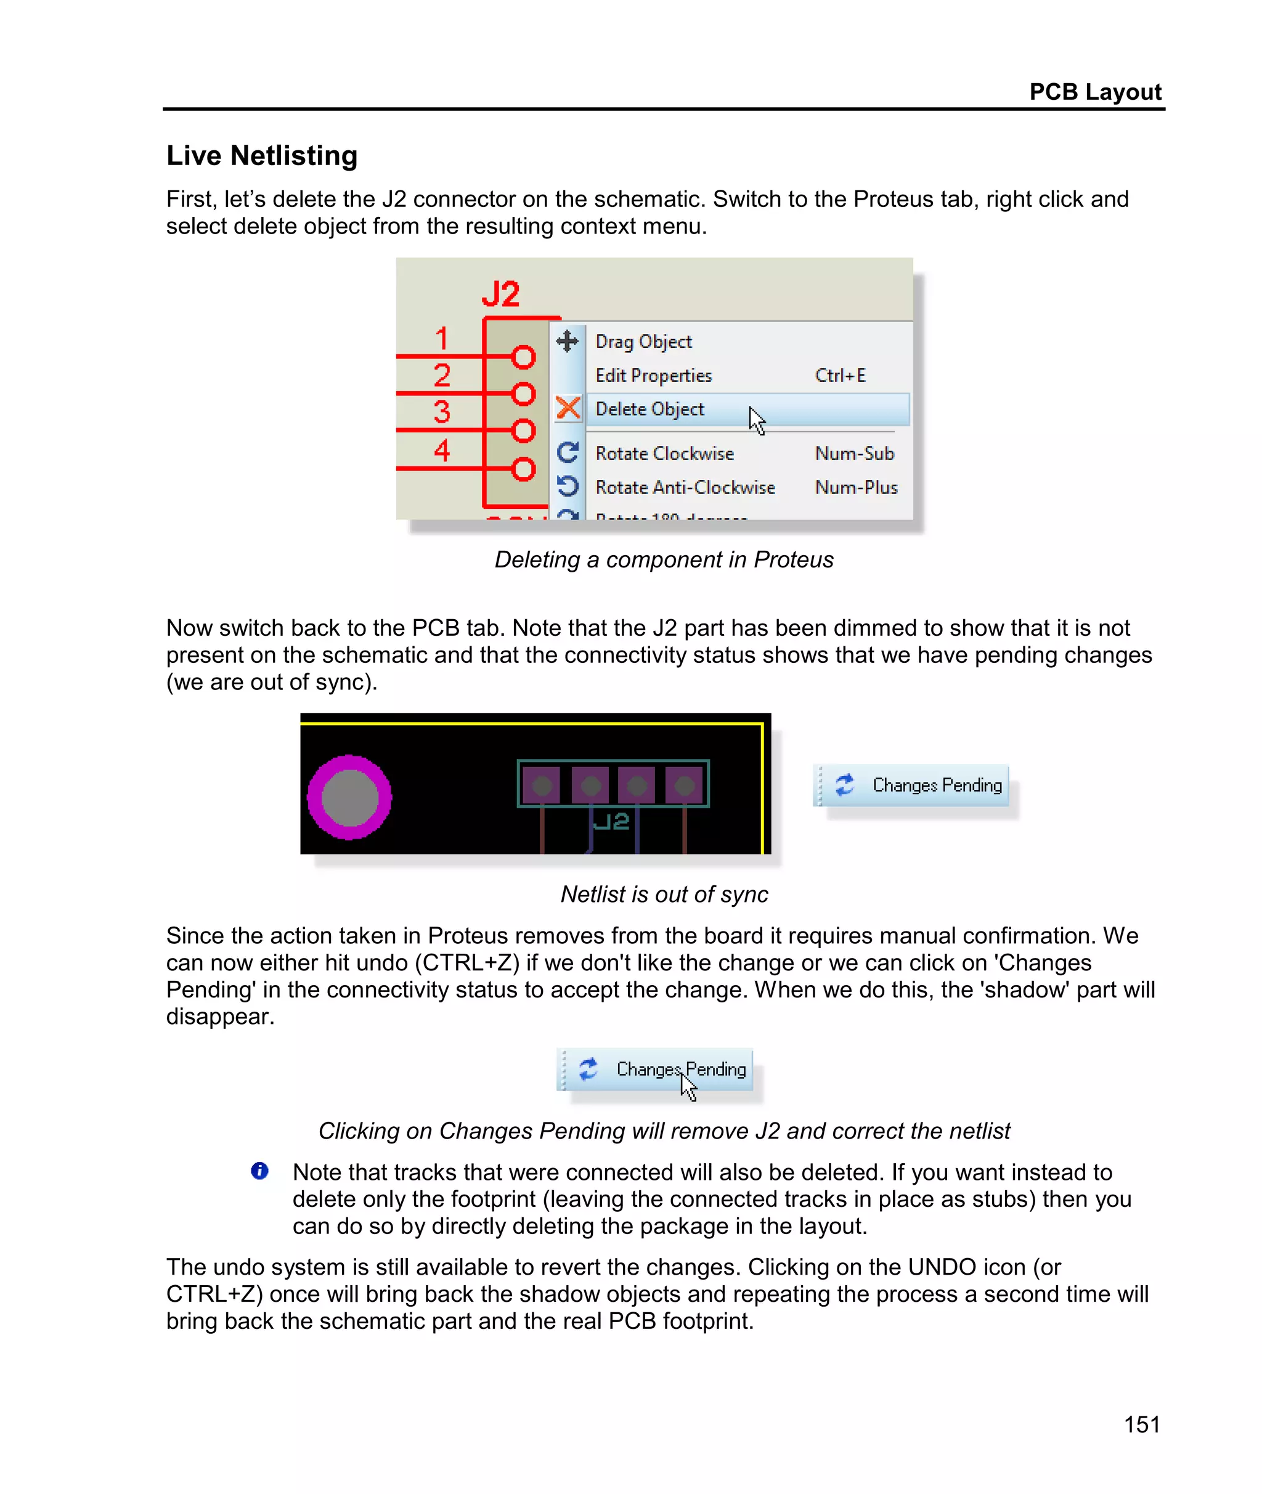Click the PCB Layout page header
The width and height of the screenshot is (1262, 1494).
1094,92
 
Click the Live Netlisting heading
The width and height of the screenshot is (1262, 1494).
262,155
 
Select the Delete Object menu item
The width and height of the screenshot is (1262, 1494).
649,409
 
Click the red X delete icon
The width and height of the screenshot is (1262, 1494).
568,408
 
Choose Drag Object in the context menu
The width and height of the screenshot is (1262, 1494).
643,342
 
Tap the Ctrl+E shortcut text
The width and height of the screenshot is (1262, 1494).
840,375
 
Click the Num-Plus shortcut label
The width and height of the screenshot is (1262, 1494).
856,487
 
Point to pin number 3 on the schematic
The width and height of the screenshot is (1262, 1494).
441,412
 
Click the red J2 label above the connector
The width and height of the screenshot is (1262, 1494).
500,294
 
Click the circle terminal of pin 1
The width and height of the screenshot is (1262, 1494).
523,356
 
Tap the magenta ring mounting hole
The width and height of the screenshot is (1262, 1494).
349,797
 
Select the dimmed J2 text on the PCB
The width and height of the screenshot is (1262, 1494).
612,821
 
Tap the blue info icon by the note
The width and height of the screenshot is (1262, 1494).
259,1171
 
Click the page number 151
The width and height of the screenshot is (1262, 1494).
1141,1424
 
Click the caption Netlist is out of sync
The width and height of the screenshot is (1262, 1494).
663,894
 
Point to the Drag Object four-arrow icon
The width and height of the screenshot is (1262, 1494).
568,341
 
